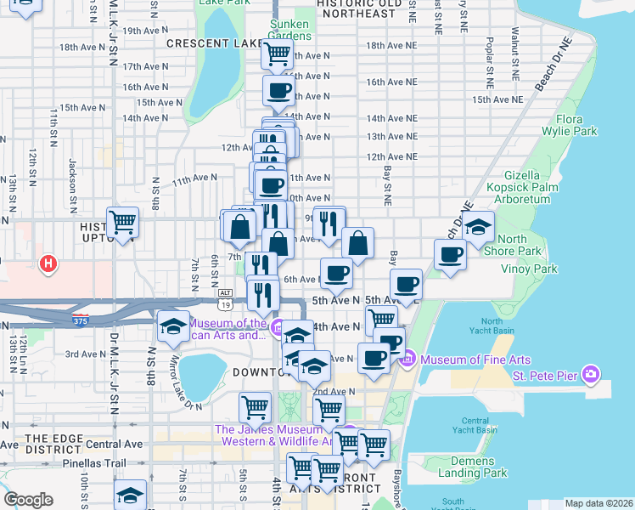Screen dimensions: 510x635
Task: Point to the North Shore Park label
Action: point(519,245)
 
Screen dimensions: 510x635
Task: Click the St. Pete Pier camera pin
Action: point(591,375)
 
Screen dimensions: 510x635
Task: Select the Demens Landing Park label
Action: point(473,467)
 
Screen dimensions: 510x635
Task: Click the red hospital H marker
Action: point(48,264)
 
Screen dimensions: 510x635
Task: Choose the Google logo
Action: point(28,499)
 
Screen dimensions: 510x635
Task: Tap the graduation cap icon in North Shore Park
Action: point(479,226)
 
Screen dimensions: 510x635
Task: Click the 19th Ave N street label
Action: point(143,30)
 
